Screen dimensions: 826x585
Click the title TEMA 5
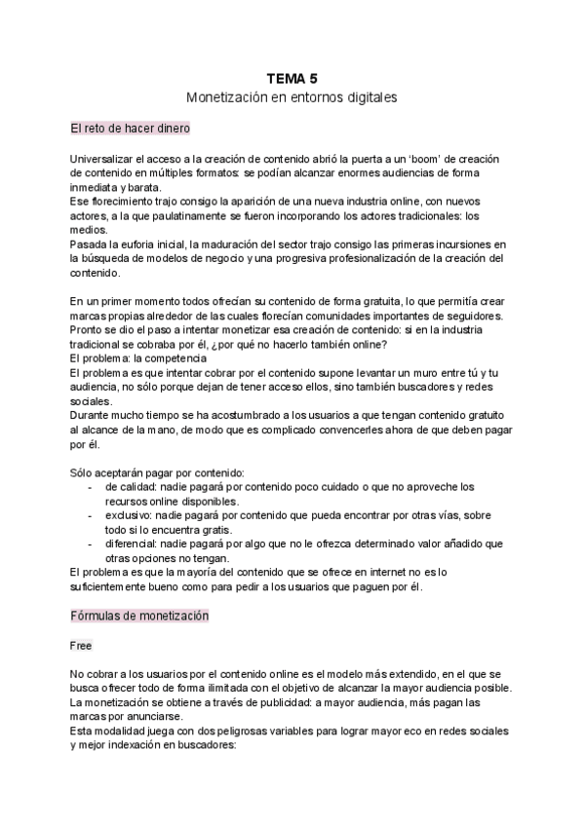click(292, 79)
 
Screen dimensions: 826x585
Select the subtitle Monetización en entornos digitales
click(292, 97)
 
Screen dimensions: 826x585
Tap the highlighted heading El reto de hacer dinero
click(131, 129)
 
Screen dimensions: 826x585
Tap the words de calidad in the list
click(128, 485)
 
